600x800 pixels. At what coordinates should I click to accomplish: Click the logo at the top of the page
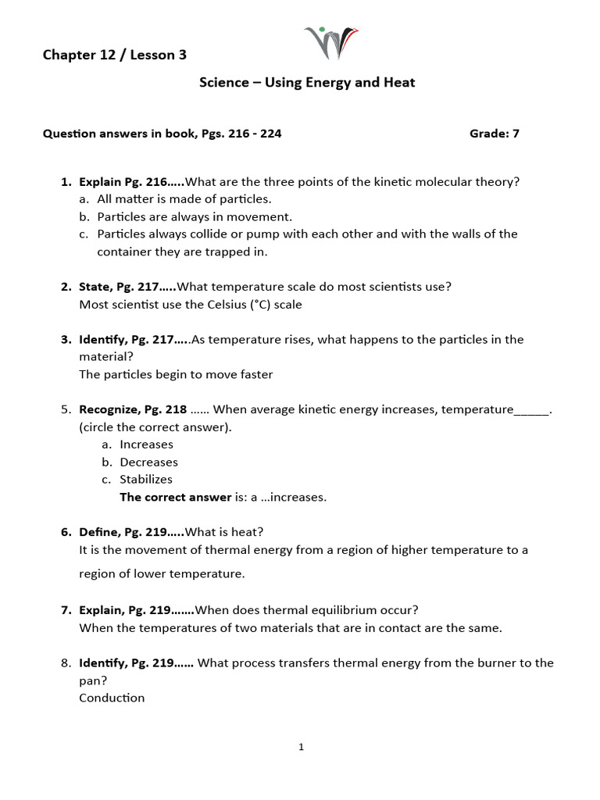coord(330,43)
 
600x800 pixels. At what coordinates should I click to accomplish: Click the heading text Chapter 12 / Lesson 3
coord(114,55)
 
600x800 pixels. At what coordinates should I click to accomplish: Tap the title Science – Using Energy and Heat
coord(307,82)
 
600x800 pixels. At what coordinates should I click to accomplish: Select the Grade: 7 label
coord(494,134)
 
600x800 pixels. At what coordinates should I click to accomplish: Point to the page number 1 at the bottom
coord(301,747)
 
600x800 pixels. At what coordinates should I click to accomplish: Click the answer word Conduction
coord(112,698)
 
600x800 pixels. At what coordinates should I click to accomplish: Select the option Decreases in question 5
coord(148,462)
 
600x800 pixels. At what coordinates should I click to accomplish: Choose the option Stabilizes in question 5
coord(146,479)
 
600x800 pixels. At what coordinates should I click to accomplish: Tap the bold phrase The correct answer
coord(176,497)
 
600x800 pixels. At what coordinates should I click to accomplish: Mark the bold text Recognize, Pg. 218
coord(133,409)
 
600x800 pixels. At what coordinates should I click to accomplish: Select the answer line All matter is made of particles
coord(184,199)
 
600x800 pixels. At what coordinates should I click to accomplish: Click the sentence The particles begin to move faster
coord(176,374)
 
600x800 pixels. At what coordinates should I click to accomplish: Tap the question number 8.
coord(66,662)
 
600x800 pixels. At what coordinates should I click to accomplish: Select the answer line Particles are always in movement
coord(195,216)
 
